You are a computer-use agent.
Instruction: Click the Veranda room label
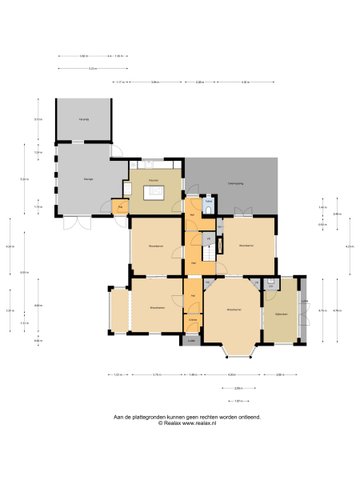(82, 119)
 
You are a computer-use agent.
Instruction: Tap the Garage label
(88, 179)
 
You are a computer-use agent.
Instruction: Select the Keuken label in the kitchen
(152, 180)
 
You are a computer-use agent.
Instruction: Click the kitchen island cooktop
(153, 192)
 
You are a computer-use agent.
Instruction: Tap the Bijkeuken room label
(281, 314)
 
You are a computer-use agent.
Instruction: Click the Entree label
(193, 320)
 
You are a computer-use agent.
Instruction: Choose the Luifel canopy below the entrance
(191, 340)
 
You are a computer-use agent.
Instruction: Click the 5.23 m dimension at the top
(92, 69)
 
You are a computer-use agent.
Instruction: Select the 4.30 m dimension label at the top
(246, 82)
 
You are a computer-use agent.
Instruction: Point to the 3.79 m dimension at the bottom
(157, 374)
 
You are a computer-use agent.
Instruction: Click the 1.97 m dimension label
(238, 401)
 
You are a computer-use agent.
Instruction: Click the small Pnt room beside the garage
(120, 207)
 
